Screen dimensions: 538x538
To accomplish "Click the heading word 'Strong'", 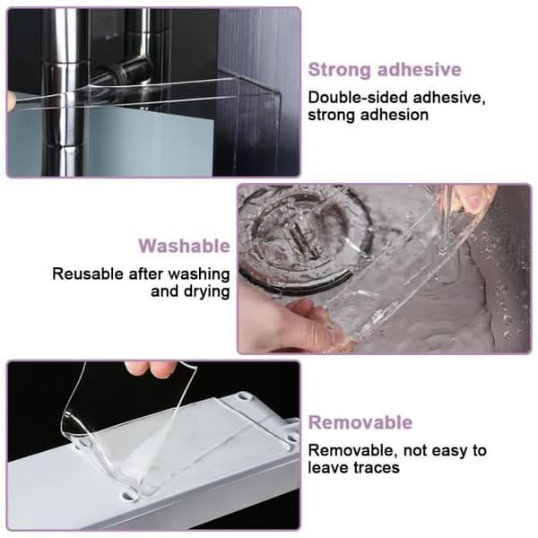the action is tap(340, 70).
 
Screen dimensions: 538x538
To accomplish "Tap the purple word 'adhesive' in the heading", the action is tap(420, 69).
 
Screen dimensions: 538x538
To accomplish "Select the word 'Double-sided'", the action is tap(358, 98).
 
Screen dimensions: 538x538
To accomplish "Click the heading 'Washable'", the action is tap(184, 246).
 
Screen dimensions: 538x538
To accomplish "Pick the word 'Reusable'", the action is tap(88, 274).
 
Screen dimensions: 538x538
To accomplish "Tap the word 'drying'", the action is tap(206, 292).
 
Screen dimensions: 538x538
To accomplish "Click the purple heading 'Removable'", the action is tap(360, 422).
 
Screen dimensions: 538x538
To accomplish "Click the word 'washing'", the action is tap(199, 275).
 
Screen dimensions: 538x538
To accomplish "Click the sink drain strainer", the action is tap(302, 237).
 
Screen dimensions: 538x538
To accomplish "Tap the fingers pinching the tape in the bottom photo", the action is tap(151, 369).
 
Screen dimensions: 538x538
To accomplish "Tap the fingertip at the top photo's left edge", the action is tap(11, 101).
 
